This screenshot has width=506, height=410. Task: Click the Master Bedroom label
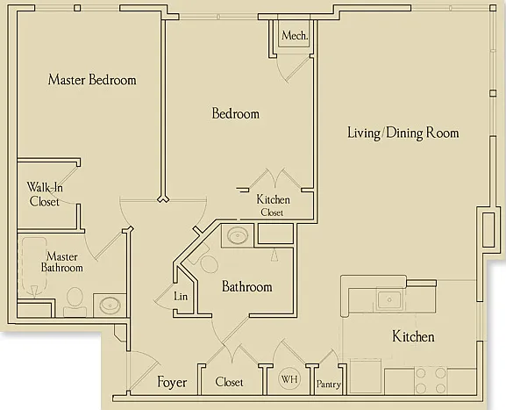[92, 80]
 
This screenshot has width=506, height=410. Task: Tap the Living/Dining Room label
[403, 133]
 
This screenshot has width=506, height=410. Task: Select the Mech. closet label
[295, 35]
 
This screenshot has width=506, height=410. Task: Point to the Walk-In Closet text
[44, 195]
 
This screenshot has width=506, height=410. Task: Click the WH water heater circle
[289, 378]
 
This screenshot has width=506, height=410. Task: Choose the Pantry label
[329, 385]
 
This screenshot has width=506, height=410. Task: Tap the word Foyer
[172, 383]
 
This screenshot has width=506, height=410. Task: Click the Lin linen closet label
[181, 296]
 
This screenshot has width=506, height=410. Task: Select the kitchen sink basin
[389, 300]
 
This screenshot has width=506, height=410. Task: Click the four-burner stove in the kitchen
[431, 380]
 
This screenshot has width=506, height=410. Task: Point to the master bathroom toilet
[75, 302]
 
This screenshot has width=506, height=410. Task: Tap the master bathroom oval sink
[110, 306]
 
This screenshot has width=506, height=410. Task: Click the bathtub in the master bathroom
[33, 267]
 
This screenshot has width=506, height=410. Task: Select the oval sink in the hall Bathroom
[238, 235]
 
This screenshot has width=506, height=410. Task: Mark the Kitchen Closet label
[273, 205]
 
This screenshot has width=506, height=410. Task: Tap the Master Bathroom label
[62, 262]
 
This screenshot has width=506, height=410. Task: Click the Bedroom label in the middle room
[235, 113]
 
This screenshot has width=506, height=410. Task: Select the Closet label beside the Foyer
[229, 382]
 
